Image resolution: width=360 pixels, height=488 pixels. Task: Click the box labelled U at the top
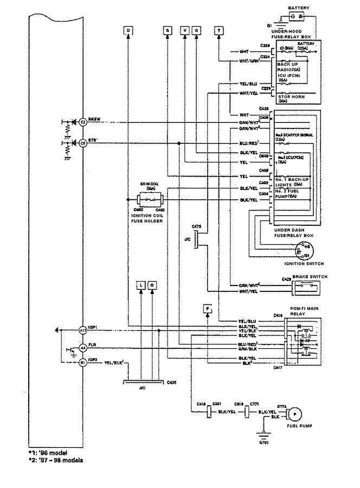point(128,30)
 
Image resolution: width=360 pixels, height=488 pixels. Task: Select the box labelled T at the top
point(218,30)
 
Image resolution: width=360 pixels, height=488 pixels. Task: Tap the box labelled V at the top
point(185,30)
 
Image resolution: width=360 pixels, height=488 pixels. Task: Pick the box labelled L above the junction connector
point(140,284)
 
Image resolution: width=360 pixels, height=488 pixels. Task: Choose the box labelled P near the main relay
point(208,308)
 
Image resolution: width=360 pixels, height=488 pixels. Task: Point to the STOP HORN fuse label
point(290,96)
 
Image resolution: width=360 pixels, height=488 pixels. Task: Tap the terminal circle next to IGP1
point(83,329)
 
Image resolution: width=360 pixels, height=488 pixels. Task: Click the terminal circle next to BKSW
point(83,122)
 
